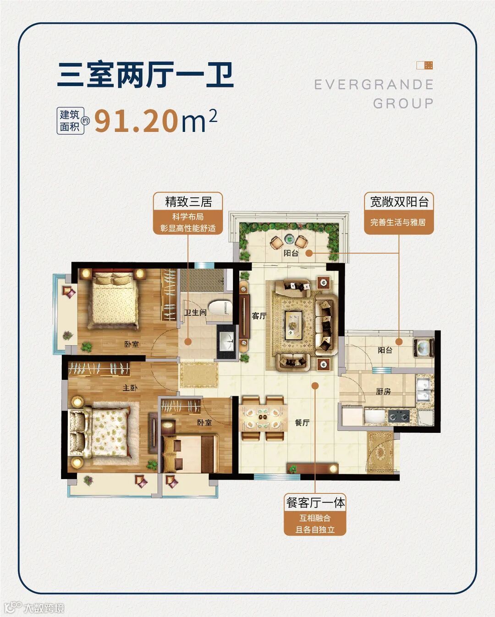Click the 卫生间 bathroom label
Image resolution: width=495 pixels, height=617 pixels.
click(195, 312)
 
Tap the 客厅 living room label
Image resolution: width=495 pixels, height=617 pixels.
click(259, 316)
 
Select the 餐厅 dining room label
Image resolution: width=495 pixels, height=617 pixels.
click(302, 422)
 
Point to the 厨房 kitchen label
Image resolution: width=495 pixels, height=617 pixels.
click(383, 391)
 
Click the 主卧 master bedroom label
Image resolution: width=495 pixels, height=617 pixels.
click(130, 388)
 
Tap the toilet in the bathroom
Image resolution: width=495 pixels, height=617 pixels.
click(220, 308)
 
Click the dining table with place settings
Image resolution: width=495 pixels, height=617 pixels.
click(263, 418)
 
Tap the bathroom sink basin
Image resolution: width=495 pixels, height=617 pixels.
click(227, 342)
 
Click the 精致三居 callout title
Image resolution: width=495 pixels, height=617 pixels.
click(188, 202)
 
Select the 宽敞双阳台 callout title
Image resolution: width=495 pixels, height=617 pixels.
click(399, 202)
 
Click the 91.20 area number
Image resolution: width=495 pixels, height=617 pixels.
click(135, 121)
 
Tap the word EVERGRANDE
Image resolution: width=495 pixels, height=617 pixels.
click(374, 85)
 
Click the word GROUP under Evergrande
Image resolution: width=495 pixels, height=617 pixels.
click(403, 104)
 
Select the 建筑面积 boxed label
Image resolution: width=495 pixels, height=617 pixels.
click(70, 121)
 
